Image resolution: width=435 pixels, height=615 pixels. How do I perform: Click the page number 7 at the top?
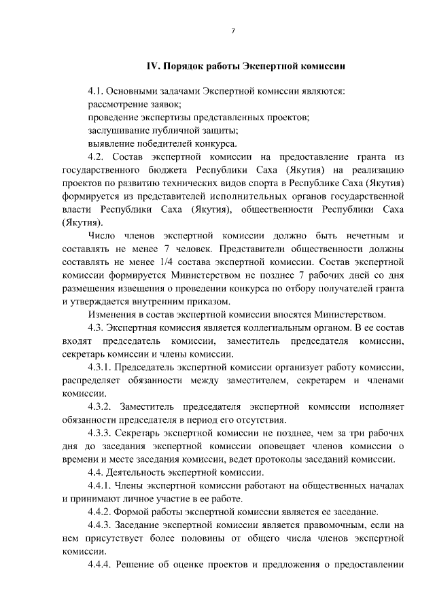pos(232,31)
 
